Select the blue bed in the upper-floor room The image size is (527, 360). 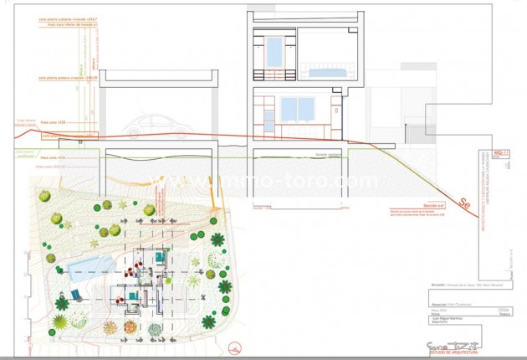click(x=323, y=72)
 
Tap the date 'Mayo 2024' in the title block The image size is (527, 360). click(x=437, y=311)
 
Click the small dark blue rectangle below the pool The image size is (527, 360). click(x=75, y=295)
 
